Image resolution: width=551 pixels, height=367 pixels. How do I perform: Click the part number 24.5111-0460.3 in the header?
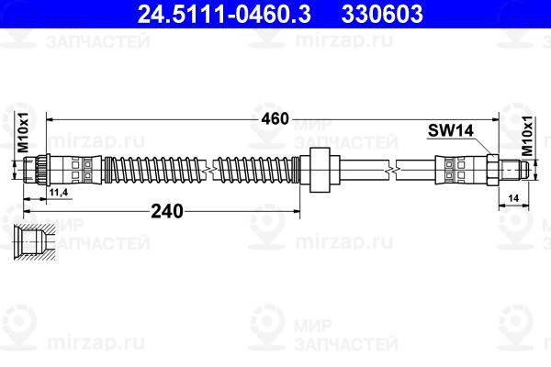click(224, 14)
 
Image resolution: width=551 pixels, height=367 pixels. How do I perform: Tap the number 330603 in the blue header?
click(382, 14)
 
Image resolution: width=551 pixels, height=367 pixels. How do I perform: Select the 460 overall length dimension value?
click(275, 118)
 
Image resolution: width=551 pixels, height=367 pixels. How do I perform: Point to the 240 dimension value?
click(167, 211)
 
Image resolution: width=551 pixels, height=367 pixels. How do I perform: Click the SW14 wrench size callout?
click(451, 130)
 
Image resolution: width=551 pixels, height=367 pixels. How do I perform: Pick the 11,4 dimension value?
click(59, 193)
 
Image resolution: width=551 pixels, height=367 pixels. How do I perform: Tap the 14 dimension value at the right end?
click(513, 198)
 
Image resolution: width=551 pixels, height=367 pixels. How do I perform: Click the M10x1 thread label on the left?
click(23, 132)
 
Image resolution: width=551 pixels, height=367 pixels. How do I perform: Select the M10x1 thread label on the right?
click(527, 136)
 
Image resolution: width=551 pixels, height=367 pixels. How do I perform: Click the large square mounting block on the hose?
click(320, 170)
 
